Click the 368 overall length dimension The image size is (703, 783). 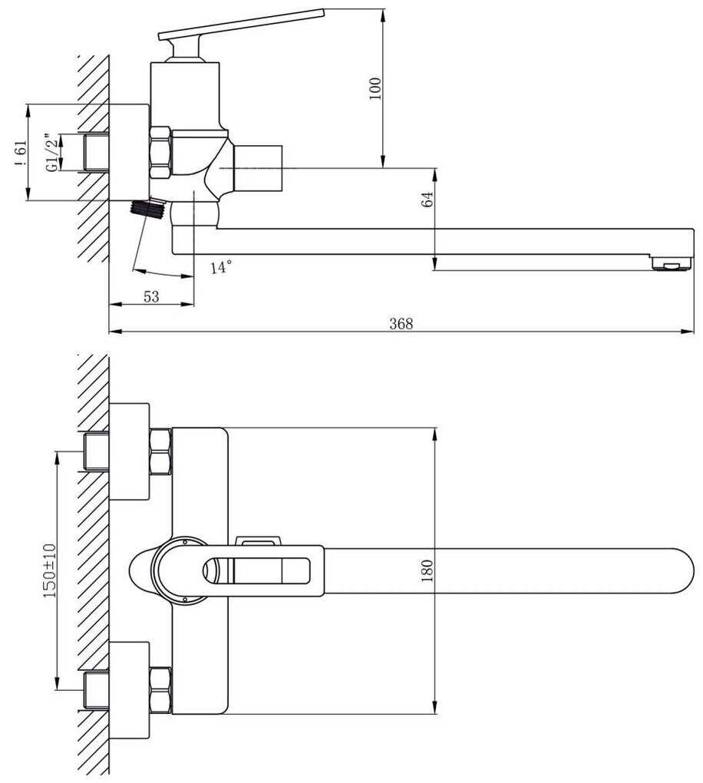coord(401,324)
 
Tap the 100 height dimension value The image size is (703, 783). coord(375,88)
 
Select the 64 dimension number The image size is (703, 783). coord(428,200)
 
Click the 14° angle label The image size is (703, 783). coord(221,266)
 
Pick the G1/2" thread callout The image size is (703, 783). coord(51,153)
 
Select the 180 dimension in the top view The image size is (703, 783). coord(427,571)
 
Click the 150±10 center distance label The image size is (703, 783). coord(49,571)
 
